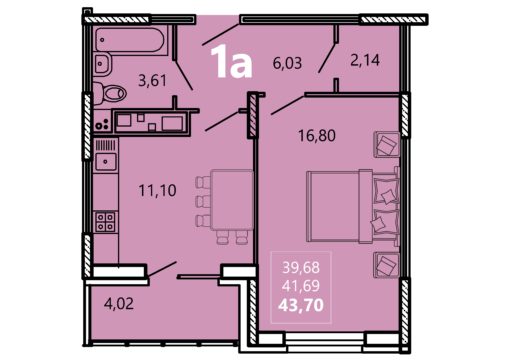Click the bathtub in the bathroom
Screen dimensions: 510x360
(130, 40)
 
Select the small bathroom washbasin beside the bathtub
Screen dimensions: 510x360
(103, 64)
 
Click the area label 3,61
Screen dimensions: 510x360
(152, 81)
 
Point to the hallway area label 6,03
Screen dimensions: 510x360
(287, 63)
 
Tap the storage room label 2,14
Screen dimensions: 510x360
(365, 60)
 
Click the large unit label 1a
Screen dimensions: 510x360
(231, 62)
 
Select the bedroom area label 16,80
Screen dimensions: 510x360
(317, 136)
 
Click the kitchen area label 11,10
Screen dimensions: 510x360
(157, 191)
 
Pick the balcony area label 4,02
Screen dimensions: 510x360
(119, 304)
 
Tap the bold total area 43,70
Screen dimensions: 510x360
(301, 305)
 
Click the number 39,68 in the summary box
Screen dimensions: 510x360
(301, 267)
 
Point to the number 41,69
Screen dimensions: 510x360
(301, 286)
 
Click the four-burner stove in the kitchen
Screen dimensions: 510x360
(105, 222)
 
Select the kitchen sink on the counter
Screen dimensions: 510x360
(106, 162)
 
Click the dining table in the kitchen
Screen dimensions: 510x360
(232, 199)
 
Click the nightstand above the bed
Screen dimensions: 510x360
(387, 144)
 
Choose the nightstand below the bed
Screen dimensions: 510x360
(387, 265)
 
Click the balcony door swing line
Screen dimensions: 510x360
(162, 269)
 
